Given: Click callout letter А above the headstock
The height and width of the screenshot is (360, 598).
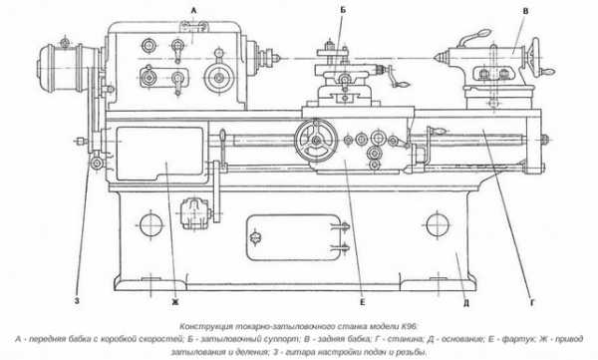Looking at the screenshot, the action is (x=193, y=11).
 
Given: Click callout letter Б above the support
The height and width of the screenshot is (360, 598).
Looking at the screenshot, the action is (x=343, y=10).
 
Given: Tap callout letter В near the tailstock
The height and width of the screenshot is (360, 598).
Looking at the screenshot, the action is (x=525, y=11).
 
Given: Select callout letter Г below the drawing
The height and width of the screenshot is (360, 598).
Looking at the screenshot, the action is (x=533, y=303).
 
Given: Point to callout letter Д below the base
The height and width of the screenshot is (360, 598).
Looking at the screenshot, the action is (x=466, y=303).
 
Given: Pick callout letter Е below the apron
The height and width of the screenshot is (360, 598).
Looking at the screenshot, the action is (x=362, y=302).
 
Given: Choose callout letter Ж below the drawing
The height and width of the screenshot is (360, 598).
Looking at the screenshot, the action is (x=175, y=302).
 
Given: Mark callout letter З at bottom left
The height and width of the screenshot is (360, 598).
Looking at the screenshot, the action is (x=77, y=301).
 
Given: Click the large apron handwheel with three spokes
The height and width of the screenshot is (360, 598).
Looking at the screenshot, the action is (x=316, y=141).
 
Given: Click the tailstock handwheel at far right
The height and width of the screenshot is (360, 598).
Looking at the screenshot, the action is (x=536, y=57).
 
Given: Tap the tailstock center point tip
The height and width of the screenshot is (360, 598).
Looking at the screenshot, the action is (x=434, y=58).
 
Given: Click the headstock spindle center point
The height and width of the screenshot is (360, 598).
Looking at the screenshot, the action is (x=279, y=59).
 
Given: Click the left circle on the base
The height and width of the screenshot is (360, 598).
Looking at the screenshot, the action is (x=151, y=224).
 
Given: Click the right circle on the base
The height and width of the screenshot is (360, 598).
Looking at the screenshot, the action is (x=438, y=224).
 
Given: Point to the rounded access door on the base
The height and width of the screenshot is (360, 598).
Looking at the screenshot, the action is (x=294, y=237).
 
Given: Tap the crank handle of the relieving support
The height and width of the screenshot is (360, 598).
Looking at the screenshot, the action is (x=397, y=78).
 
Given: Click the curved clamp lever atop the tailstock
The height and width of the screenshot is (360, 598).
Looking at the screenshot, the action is (x=473, y=38).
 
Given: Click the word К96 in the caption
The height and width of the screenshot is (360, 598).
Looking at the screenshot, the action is (x=410, y=327).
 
